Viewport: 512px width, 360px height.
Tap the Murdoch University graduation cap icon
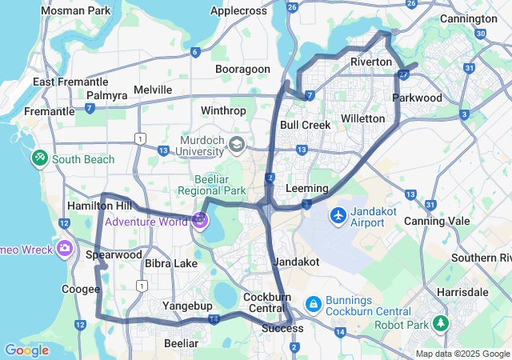(x=236, y=145)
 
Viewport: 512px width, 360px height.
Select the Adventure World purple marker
(x=199, y=221)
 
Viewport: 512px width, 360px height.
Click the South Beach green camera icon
(x=38, y=158)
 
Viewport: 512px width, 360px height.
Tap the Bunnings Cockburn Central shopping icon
(x=312, y=303)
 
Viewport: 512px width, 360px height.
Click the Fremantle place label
(x=50, y=111)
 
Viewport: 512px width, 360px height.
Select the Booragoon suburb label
(x=242, y=70)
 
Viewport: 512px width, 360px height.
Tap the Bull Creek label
(x=305, y=125)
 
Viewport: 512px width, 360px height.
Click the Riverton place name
(x=371, y=62)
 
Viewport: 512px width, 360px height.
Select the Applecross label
(x=240, y=11)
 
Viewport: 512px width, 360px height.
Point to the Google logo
(x=26, y=350)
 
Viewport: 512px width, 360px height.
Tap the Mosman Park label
(x=77, y=11)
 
